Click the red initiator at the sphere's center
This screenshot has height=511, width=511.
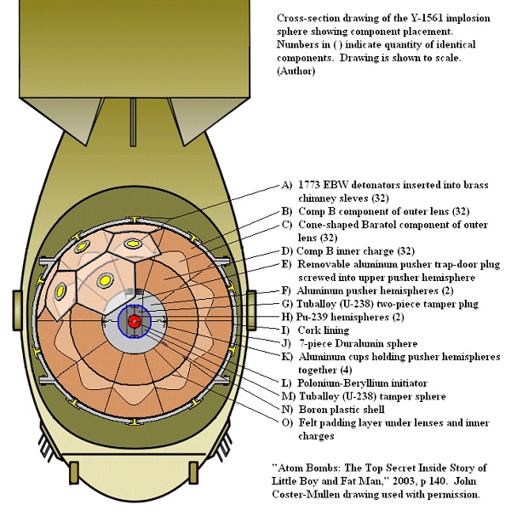[135, 320]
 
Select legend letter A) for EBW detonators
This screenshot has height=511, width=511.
[286, 183]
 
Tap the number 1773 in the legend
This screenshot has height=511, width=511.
[310, 183]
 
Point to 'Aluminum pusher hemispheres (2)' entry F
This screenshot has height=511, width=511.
[358, 290]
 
